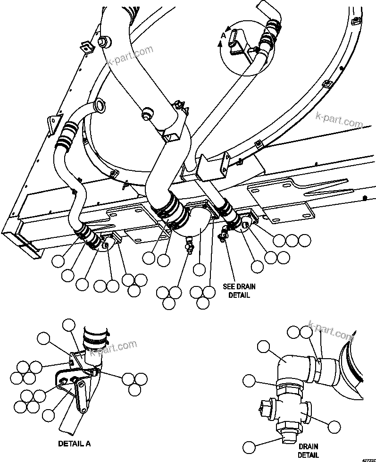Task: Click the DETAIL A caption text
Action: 74,444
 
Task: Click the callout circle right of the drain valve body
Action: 334,427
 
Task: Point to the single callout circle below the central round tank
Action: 200,270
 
